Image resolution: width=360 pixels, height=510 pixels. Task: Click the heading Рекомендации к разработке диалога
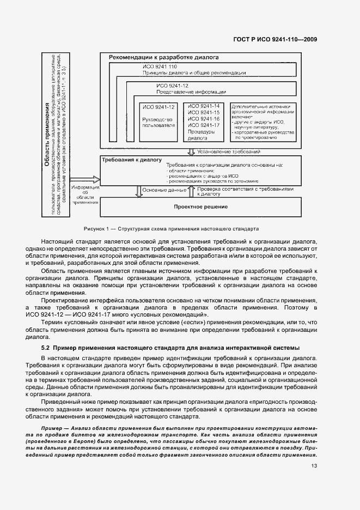pos(163,57)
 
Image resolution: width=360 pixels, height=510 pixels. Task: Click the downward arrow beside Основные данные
pos(137,191)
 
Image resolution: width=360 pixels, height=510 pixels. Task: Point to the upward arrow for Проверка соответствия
pos(191,191)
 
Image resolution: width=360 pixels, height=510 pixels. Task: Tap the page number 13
pos(314,466)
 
